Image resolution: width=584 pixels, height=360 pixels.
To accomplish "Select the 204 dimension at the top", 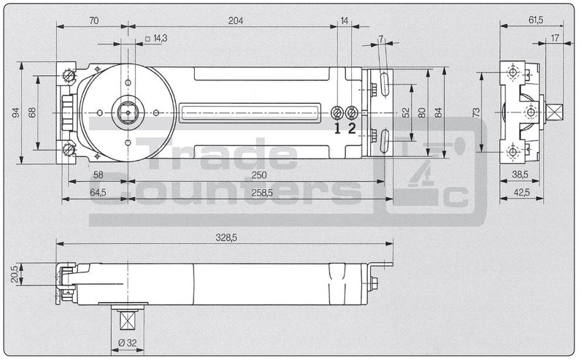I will [x=235, y=20].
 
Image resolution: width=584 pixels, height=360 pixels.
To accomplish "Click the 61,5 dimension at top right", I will [x=536, y=20].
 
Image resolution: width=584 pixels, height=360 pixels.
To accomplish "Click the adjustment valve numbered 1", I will [x=338, y=112].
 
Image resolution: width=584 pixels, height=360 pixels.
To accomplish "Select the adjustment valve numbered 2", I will [x=352, y=112].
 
